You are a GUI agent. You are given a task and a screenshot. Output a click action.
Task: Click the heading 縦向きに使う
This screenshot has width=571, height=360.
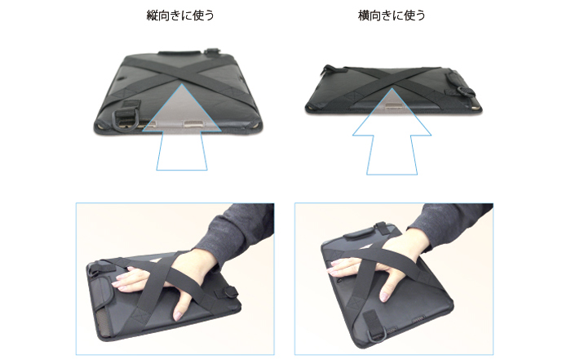pyautogui.click(x=180, y=16)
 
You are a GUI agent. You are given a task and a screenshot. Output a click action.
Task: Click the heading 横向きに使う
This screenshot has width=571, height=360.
pyautogui.click(x=392, y=16)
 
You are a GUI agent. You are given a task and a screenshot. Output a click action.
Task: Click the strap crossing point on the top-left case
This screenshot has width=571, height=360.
pyautogui.click(x=180, y=78)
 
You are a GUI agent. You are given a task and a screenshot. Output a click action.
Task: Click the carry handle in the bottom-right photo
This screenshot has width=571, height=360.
pyautogui.click(x=361, y=233)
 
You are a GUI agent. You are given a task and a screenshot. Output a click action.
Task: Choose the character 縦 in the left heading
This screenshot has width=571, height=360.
pyautogui.click(x=152, y=16)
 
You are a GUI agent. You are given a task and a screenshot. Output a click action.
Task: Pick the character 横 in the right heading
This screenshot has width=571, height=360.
pyautogui.click(x=363, y=16)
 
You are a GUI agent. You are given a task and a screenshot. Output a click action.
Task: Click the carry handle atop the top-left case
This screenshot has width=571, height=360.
pyautogui.click(x=179, y=53)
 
